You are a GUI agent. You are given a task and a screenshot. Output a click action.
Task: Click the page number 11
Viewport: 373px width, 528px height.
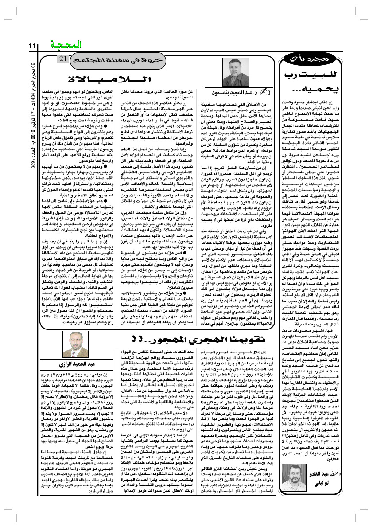point(32,46)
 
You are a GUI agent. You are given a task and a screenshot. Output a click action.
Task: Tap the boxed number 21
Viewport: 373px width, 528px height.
point(63,59)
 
